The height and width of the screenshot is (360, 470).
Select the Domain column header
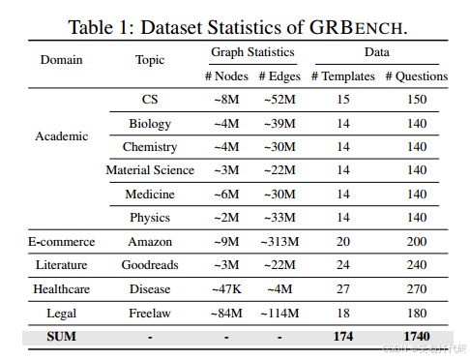(61, 60)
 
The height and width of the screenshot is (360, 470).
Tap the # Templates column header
(341, 75)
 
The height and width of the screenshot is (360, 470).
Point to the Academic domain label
(61, 135)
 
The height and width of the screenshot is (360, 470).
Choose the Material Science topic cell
(150, 169)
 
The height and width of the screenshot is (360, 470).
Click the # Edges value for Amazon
(279, 242)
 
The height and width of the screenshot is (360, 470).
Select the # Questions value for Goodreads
(416, 265)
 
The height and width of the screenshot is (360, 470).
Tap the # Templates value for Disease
(341, 288)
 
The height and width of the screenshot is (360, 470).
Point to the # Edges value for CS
(279, 100)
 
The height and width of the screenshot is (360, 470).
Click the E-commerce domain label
(61, 242)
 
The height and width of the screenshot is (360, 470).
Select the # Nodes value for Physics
(226, 217)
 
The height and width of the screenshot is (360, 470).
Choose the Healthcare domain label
(61, 288)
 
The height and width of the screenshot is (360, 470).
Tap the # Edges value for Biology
(279, 123)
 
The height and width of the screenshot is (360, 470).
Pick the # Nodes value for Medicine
(226, 194)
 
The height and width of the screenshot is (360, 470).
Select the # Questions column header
(416, 75)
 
